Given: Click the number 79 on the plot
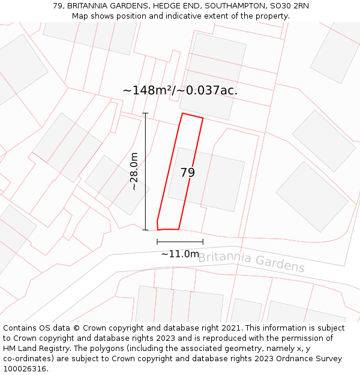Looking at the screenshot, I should [x=188, y=173].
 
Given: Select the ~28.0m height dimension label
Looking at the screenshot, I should [x=134, y=172].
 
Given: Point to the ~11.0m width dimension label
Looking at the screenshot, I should [x=180, y=254].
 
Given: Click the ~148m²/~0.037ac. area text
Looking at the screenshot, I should [x=180, y=91].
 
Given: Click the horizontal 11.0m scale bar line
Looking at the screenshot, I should [x=180, y=242].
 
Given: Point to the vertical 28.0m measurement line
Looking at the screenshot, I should [x=145, y=172].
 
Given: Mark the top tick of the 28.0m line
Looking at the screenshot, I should [x=145, y=113].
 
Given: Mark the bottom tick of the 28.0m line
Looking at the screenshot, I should [x=145, y=230].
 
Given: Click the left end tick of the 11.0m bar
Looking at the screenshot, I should [x=157, y=242].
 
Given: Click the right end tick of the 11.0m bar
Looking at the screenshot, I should [x=203, y=242].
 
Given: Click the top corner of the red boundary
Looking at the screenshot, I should [x=182, y=113].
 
